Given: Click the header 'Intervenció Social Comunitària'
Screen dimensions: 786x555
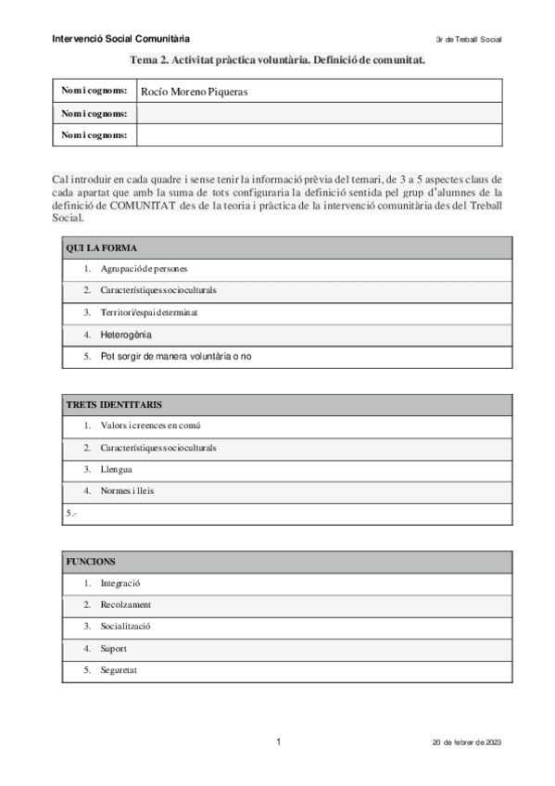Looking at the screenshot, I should (121, 39).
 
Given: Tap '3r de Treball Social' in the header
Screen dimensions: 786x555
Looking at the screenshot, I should (468, 40).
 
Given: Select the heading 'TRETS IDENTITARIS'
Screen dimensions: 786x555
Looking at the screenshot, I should (115, 405).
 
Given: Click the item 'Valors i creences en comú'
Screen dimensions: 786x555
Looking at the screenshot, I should (151, 426).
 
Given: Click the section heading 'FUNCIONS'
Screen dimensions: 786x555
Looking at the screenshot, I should (91, 562).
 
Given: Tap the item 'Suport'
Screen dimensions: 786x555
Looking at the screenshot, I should (115, 648).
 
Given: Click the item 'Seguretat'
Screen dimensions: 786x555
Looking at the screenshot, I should (120, 669).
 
